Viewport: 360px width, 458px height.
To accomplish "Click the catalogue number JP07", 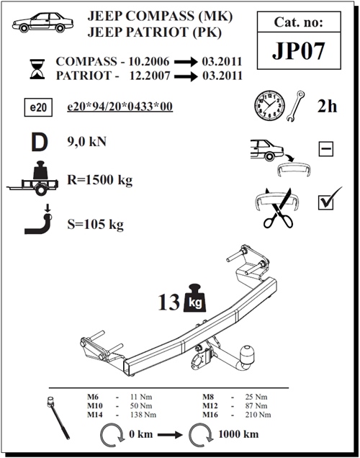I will pos(296,52).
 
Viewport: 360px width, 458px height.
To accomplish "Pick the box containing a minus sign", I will pos(325,150).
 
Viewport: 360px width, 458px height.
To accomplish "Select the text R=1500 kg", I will pos(100,180).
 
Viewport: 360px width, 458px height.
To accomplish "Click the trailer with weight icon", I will pos(37,177).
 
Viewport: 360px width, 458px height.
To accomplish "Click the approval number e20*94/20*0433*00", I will pos(119,107).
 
